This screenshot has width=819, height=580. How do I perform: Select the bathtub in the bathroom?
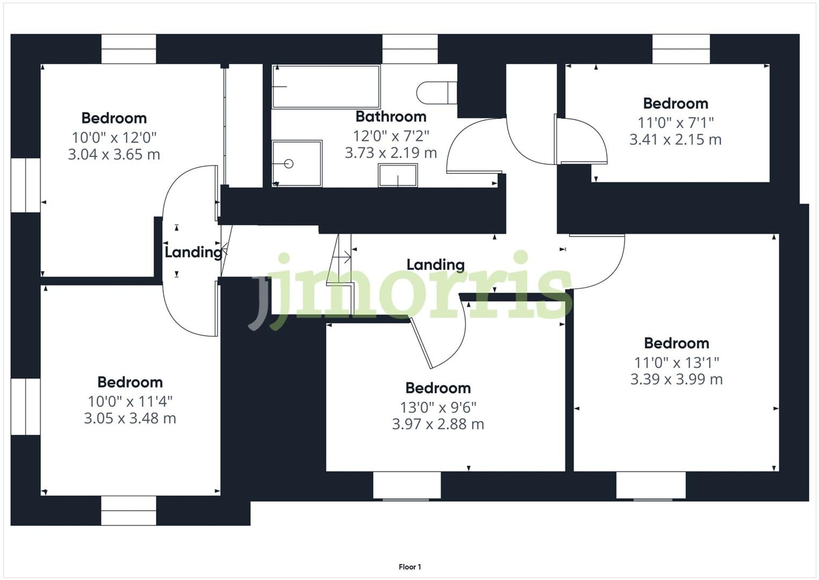coord(326,86)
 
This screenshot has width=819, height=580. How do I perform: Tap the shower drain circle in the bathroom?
coord(289,164)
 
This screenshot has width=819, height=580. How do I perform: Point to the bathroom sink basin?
coord(398,176)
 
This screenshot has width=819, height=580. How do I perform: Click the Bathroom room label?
coord(391,117)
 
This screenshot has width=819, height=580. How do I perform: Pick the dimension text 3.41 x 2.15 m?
coord(675,140)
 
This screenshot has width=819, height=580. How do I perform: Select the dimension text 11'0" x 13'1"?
coord(676,362)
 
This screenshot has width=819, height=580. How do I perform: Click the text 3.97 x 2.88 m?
coord(438,424)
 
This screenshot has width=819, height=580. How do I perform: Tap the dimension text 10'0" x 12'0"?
coord(114,137)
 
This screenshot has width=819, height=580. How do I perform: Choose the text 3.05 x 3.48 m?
coord(130,419)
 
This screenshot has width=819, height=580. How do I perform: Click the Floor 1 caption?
coord(409,567)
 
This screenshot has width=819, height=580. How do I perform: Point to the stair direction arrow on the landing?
coord(346,257)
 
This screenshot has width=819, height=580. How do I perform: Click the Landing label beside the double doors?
coord(193,252)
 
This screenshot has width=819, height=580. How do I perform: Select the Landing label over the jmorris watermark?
coord(435,265)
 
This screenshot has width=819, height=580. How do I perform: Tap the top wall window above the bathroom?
coord(409,49)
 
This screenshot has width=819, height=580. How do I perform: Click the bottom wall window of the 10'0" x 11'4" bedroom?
coord(129,510)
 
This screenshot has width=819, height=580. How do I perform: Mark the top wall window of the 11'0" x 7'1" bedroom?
coord(681,49)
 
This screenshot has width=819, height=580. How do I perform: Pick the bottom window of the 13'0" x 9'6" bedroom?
coord(407,485)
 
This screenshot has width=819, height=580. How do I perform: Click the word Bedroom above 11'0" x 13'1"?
coord(676,343)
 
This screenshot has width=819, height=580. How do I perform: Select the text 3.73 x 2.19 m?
coord(391,153)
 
